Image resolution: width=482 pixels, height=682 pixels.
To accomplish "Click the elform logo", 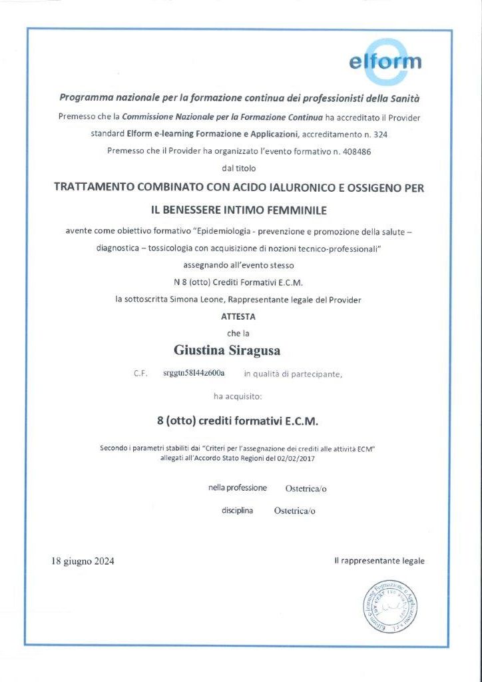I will point(385,62).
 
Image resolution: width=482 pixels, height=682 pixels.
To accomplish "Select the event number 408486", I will point(356,151).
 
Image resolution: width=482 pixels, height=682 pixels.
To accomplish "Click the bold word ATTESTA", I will point(238,316).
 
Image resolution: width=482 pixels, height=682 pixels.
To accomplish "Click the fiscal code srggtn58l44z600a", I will point(194,373).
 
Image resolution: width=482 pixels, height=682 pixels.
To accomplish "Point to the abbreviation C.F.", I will point(140,374).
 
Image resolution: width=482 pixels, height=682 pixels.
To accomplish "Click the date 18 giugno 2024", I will point(83,561).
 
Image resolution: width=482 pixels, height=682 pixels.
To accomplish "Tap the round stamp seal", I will point(391,606).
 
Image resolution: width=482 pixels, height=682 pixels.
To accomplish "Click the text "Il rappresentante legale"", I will point(379,561).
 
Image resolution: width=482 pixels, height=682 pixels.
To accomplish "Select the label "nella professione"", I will point(238,488).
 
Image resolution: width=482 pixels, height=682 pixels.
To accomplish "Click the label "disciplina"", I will point(237,511).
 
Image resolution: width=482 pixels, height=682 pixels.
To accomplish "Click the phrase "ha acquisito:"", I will point(238,396).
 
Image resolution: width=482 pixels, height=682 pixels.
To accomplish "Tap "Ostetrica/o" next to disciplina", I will point(294,511).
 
